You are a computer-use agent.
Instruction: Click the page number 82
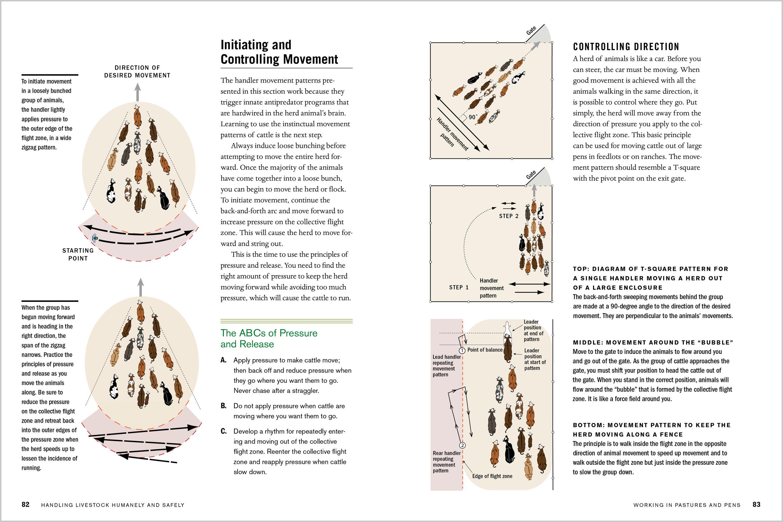(25, 504)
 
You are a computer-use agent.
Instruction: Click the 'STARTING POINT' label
(78, 254)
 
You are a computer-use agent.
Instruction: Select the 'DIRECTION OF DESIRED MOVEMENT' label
(137, 72)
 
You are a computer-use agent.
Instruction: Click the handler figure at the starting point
(95, 238)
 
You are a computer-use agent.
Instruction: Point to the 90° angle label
(473, 117)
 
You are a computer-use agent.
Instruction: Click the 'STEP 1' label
(459, 287)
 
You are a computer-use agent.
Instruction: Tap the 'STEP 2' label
(508, 216)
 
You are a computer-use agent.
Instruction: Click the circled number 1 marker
(462, 351)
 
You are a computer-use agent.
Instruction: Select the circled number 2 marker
(462, 445)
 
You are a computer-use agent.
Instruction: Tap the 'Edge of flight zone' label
(492, 476)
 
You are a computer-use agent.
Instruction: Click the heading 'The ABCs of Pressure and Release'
(269, 338)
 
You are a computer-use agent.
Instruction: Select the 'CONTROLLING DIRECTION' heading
(626, 47)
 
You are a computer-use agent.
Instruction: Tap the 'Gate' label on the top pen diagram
(531, 31)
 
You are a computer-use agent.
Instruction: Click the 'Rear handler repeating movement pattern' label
(447, 462)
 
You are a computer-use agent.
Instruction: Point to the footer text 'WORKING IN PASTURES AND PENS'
(687, 505)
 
